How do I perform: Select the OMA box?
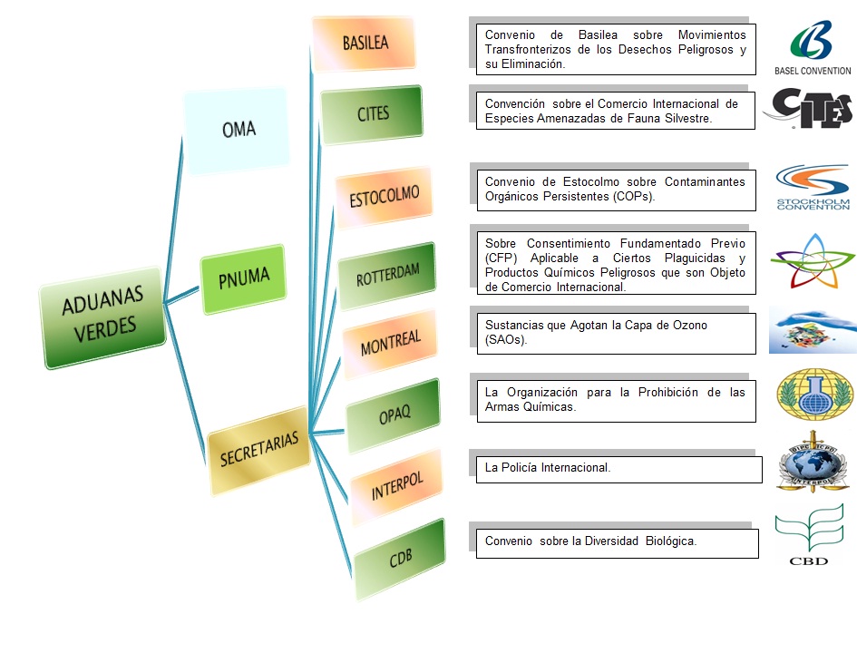237,130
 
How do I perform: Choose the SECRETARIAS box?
258,449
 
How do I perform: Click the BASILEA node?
365,43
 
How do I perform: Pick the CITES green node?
372,114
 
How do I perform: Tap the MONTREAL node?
390,343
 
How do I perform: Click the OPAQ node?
394,414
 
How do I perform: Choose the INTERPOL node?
397,484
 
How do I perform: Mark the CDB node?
399,558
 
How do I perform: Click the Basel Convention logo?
812,48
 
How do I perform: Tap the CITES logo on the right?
808,109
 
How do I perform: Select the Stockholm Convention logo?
813,187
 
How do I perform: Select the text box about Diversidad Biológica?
617,542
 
